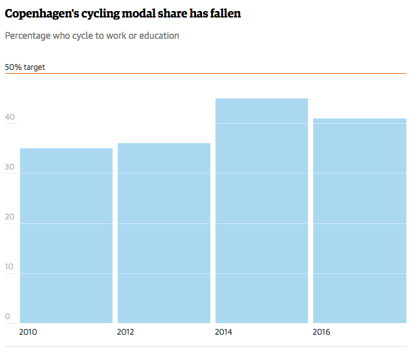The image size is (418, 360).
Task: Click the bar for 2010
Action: [67, 236]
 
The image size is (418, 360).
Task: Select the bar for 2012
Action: [164, 233]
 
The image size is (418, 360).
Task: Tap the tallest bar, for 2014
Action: [261, 210]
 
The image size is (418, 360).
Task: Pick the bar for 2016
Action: [360, 221]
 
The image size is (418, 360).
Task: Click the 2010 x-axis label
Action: [28, 332]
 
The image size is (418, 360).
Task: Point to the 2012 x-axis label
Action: [126, 332]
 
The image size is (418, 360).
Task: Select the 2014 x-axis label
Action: [224, 332]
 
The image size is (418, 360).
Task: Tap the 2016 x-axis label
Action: [322, 332]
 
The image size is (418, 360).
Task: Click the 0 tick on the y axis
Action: [8, 317]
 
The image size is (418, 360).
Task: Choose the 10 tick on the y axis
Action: [10, 267]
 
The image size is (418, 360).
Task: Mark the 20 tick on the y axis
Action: [10, 217]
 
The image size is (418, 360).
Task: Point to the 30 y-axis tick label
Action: [10, 166]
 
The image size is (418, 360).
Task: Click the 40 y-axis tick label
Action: [10, 117]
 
